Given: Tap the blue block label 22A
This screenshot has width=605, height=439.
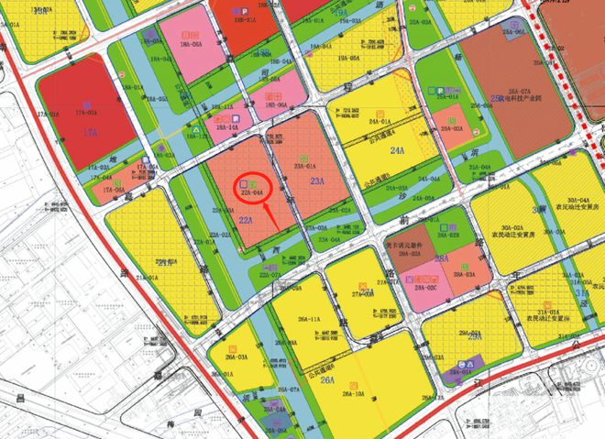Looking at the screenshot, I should click(245, 221).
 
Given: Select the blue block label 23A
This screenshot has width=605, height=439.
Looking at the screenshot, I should click(317, 181).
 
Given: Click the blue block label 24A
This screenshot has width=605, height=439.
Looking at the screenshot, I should click(397, 150).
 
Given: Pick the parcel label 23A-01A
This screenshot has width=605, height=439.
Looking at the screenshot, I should click(304, 166).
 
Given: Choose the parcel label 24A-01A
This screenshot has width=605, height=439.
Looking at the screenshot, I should click(379, 120).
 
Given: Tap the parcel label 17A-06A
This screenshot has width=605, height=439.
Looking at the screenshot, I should click(114, 189).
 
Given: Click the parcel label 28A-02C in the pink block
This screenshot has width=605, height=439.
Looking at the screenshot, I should click(427, 288).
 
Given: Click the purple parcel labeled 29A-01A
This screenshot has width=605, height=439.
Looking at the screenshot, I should click(450, 374).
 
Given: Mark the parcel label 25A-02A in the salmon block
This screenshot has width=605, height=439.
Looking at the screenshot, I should click(451, 130).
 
